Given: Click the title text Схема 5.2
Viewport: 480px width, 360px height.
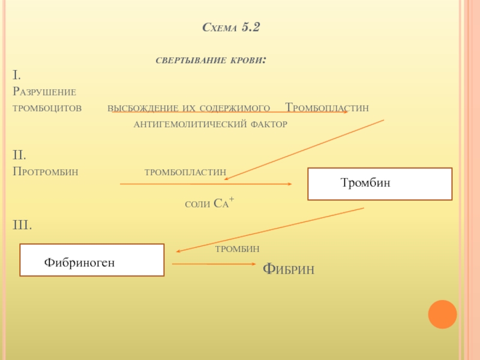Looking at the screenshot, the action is click(x=232, y=28).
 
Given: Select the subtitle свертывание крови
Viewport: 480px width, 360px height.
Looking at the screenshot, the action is click(x=211, y=61).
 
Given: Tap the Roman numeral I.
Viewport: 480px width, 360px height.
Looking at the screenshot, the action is click(x=17, y=75).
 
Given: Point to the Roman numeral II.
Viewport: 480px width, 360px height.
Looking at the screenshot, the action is click(x=19, y=155).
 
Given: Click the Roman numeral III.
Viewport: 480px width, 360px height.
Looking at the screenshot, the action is click(x=22, y=225).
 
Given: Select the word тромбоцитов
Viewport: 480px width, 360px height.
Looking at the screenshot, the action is click(x=47, y=108).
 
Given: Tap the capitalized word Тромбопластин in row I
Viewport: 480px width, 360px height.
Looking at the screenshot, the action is click(x=326, y=108).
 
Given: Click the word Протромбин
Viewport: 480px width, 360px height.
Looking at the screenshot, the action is click(x=46, y=172).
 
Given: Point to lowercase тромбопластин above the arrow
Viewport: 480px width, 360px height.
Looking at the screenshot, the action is click(x=185, y=172).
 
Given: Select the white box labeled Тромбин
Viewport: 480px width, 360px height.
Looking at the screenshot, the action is click(x=380, y=184).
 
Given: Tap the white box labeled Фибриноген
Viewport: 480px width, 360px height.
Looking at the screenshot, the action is click(x=92, y=260).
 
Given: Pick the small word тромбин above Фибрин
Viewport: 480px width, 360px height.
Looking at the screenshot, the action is click(x=238, y=248).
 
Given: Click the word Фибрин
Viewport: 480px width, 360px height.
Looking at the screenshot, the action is click(x=289, y=269).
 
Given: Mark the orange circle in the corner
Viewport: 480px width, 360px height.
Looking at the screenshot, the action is click(x=442, y=314).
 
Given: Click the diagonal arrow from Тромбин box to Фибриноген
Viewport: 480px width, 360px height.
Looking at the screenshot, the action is click(x=270, y=230).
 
